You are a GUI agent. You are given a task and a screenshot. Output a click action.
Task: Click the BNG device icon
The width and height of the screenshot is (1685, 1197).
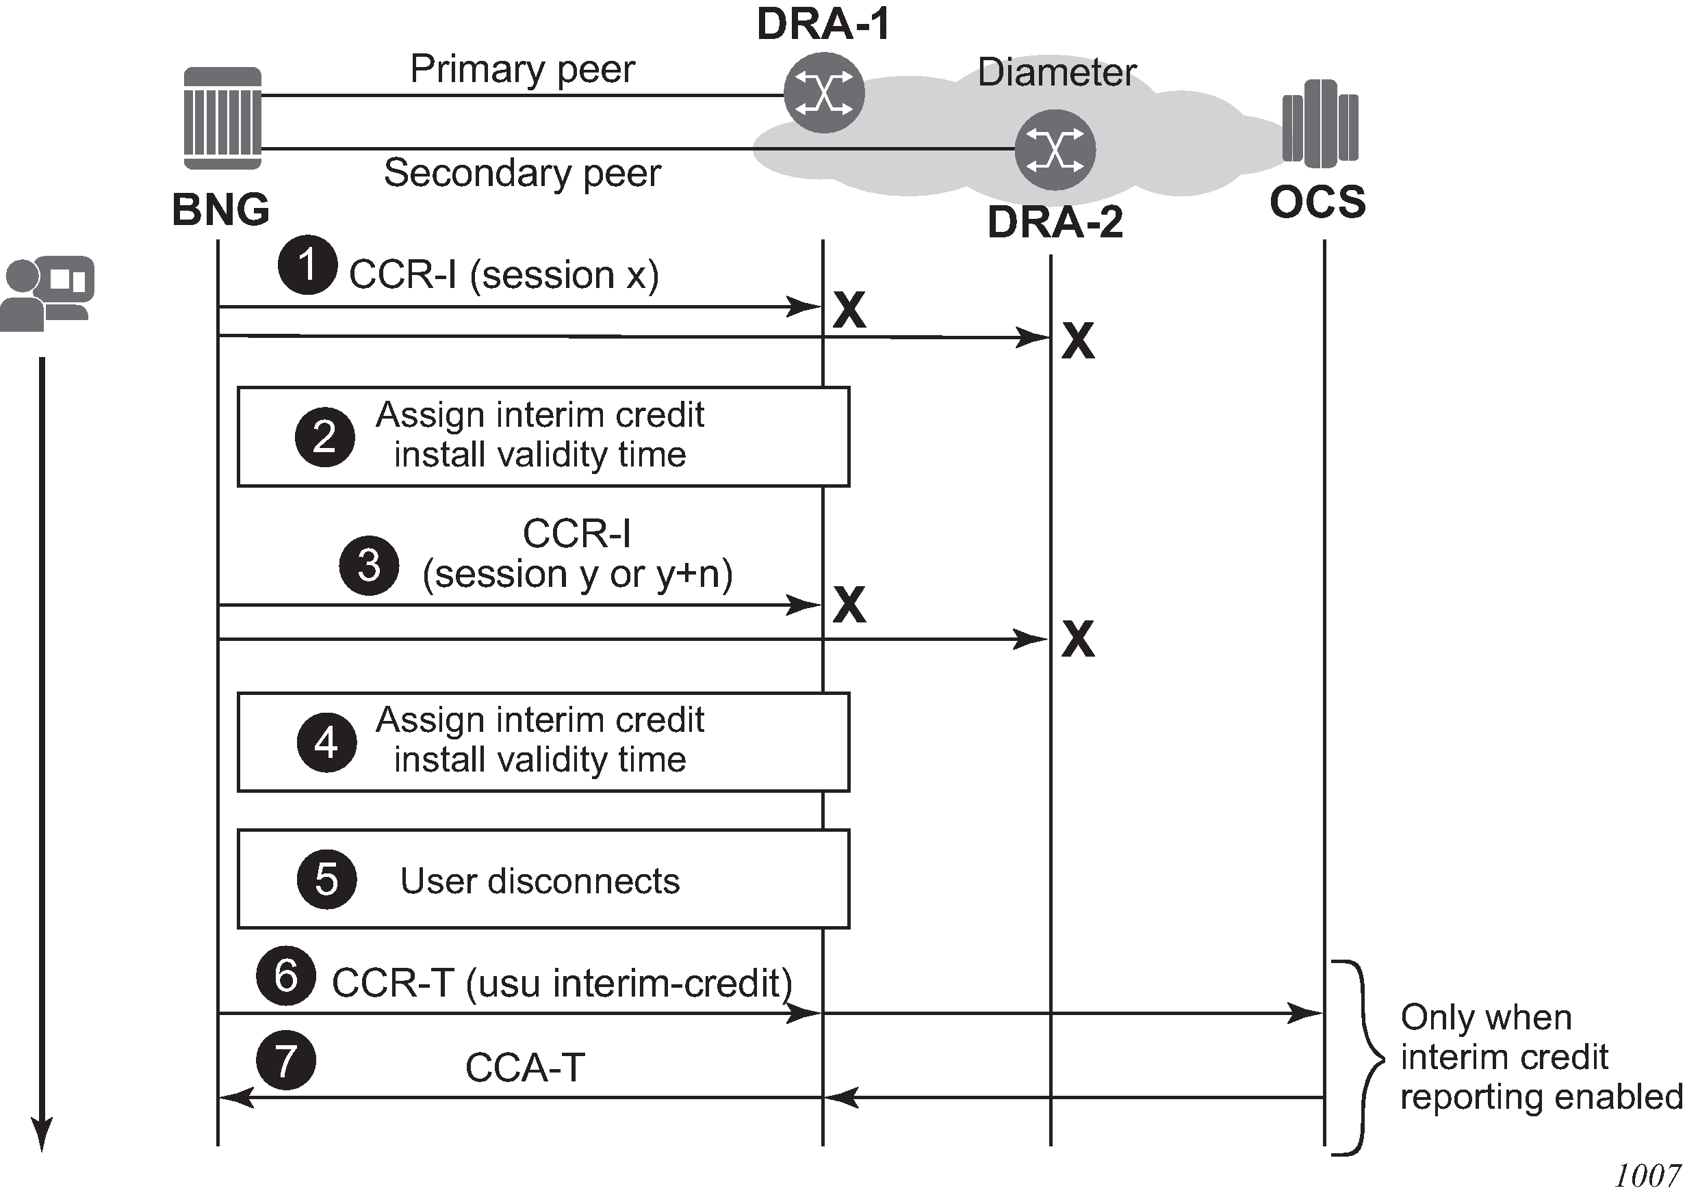(222, 118)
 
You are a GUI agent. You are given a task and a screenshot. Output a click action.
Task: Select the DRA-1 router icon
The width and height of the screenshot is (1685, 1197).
(824, 93)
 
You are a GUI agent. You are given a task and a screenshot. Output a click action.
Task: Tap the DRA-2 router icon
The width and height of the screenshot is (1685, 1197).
(1055, 150)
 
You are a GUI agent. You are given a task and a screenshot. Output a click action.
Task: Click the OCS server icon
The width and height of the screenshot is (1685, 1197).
(1320, 123)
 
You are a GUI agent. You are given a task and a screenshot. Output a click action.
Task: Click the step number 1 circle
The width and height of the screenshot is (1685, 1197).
(307, 265)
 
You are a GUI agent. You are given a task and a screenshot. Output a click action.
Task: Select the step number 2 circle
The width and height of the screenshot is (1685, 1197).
(324, 437)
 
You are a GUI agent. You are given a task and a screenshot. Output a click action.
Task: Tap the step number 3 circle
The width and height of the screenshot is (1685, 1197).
(369, 566)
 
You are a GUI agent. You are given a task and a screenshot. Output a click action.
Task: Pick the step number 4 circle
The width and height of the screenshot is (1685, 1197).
(326, 742)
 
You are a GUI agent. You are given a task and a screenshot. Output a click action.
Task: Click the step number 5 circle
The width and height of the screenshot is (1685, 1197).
(326, 880)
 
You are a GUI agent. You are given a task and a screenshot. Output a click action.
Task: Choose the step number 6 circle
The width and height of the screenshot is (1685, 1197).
(286, 976)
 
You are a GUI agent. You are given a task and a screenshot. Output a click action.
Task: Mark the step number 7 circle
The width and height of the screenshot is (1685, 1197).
(286, 1060)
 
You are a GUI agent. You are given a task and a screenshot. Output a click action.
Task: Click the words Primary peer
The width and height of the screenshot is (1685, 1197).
(522, 69)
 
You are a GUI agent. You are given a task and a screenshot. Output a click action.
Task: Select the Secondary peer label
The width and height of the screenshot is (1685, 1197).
(522, 173)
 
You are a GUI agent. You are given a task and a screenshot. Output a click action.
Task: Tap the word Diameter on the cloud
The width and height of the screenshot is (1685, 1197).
(1056, 73)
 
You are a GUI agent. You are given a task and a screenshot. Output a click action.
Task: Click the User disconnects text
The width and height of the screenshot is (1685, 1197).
(540, 881)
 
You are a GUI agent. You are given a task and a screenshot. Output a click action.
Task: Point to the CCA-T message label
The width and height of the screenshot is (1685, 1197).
(525, 1067)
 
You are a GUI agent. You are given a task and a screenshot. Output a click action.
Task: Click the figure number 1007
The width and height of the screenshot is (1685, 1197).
(1647, 1176)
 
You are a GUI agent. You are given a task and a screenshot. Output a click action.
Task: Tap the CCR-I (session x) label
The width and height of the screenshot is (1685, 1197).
(504, 275)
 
